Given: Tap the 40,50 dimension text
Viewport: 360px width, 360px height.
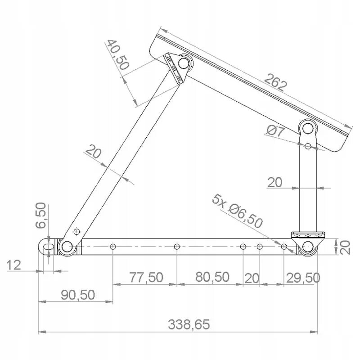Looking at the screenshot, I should click(118, 55).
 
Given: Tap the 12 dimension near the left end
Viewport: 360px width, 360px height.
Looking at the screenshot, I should click(14, 265).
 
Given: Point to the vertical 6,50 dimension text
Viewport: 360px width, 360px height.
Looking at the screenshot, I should click(40, 216).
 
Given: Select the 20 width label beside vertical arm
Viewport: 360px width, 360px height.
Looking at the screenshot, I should click(275, 182).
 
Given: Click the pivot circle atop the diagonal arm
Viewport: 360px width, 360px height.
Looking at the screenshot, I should click(184, 63).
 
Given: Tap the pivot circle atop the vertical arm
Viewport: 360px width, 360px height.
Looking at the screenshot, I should click(308, 128).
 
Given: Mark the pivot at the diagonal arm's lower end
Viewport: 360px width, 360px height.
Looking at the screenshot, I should click(67, 246).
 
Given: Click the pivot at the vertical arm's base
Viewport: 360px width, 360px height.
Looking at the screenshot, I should click(308, 247).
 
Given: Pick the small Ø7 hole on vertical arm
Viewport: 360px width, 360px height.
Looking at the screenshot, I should click(308, 146).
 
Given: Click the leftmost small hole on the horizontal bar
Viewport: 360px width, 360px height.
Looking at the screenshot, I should click(112, 246).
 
